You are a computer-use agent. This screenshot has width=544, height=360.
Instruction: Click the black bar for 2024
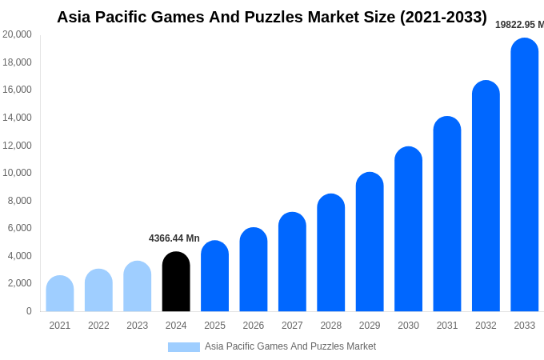pyautogui.click(x=176, y=282)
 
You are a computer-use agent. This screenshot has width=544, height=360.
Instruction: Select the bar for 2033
pyautogui.click(x=525, y=176)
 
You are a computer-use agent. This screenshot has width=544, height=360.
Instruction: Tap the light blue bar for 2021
pyautogui.click(x=60, y=294)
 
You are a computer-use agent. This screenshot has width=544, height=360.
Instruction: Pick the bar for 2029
pyautogui.click(x=370, y=242)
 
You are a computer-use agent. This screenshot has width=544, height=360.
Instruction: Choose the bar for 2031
pyautogui.click(x=447, y=214)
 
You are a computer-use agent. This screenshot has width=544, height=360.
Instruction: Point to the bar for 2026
pyautogui.click(x=254, y=270)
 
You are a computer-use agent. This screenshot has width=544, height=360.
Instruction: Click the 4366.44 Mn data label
pyautogui.click(x=174, y=238)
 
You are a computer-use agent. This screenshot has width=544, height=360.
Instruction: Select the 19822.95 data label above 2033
pyautogui.click(x=519, y=25)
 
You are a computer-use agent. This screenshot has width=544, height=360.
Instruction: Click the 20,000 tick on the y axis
pyautogui.click(x=18, y=34)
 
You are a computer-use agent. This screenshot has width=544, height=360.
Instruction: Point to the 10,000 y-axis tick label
pyautogui.click(x=18, y=173)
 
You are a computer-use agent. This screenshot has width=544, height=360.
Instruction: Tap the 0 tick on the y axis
pyautogui.click(x=29, y=311)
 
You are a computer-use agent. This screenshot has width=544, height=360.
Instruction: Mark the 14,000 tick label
pyautogui.click(x=18, y=118)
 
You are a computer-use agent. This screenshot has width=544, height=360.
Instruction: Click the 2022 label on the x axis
pyautogui.click(x=98, y=326)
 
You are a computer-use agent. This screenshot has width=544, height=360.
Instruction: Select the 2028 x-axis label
pyautogui.click(x=331, y=326)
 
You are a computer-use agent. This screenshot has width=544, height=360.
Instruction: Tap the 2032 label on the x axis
pyautogui.click(x=486, y=326)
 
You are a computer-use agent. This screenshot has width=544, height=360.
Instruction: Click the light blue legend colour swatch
pyautogui.click(x=184, y=347)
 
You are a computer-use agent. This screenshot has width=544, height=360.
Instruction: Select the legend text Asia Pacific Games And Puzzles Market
pyautogui.click(x=290, y=346)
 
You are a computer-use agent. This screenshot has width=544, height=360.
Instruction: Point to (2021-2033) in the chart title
pyautogui.click(x=443, y=17)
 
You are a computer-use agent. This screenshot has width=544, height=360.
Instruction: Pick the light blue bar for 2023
pyautogui.click(x=138, y=286)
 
